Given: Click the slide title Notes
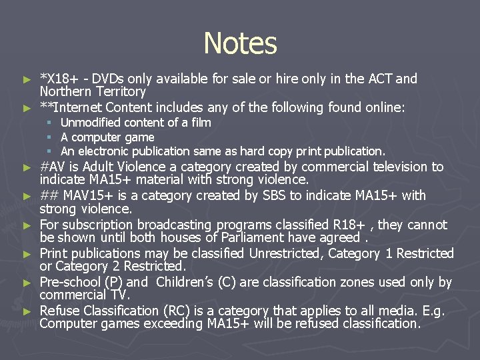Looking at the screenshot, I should coord(240,43).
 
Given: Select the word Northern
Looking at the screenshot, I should coord(67,92).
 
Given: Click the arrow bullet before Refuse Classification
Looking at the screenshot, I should coord(27,311).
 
